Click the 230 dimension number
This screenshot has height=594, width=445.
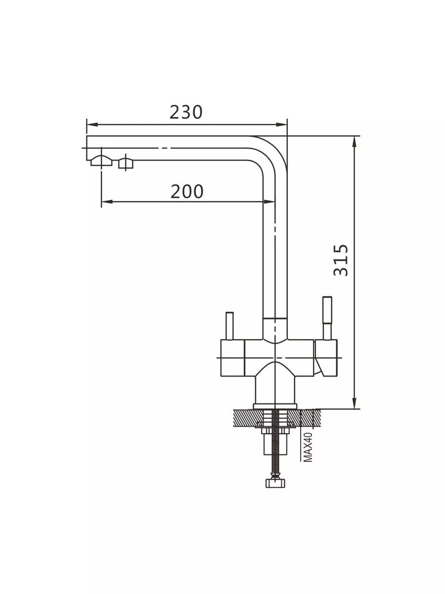[x=186, y=112]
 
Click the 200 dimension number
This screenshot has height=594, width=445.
[x=187, y=192]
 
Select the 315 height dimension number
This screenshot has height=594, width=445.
[x=341, y=260]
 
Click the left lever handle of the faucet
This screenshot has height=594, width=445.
[x=229, y=326]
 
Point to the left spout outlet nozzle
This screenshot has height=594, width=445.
[x=101, y=161]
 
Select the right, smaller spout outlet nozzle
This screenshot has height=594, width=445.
[x=126, y=163]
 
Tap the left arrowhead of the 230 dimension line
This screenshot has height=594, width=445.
[x=92, y=125]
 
